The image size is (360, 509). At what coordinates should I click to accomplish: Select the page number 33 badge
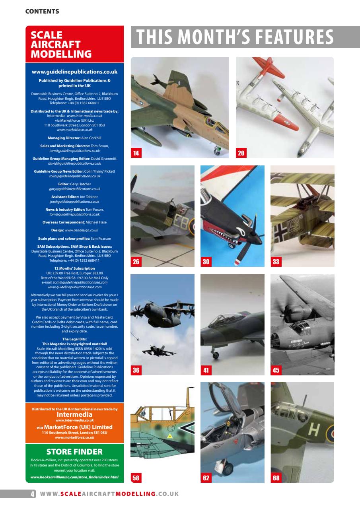pyautogui.click(x=276, y=262)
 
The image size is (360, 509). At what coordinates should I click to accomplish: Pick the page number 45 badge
pyautogui.click(x=276, y=370)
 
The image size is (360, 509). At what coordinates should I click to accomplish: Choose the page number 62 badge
pyautogui.click(x=206, y=478)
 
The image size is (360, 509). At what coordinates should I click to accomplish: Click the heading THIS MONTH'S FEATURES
pyautogui.click(x=235, y=37)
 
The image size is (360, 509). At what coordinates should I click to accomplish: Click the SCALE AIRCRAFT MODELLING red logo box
pyautogui.click(x=74, y=44)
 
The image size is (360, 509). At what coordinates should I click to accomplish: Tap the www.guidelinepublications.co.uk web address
pyautogui.click(x=74, y=72)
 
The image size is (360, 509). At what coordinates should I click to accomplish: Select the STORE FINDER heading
pyautogui.click(x=74, y=452)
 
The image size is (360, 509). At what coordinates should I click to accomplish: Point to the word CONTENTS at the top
pyautogui.click(x=42, y=12)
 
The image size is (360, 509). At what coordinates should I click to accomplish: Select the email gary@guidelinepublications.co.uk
pyautogui.click(x=74, y=189)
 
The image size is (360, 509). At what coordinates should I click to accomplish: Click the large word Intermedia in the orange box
pyautogui.click(x=74, y=414)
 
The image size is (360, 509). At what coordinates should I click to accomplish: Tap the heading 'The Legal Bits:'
pyautogui.click(x=74, y=339)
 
